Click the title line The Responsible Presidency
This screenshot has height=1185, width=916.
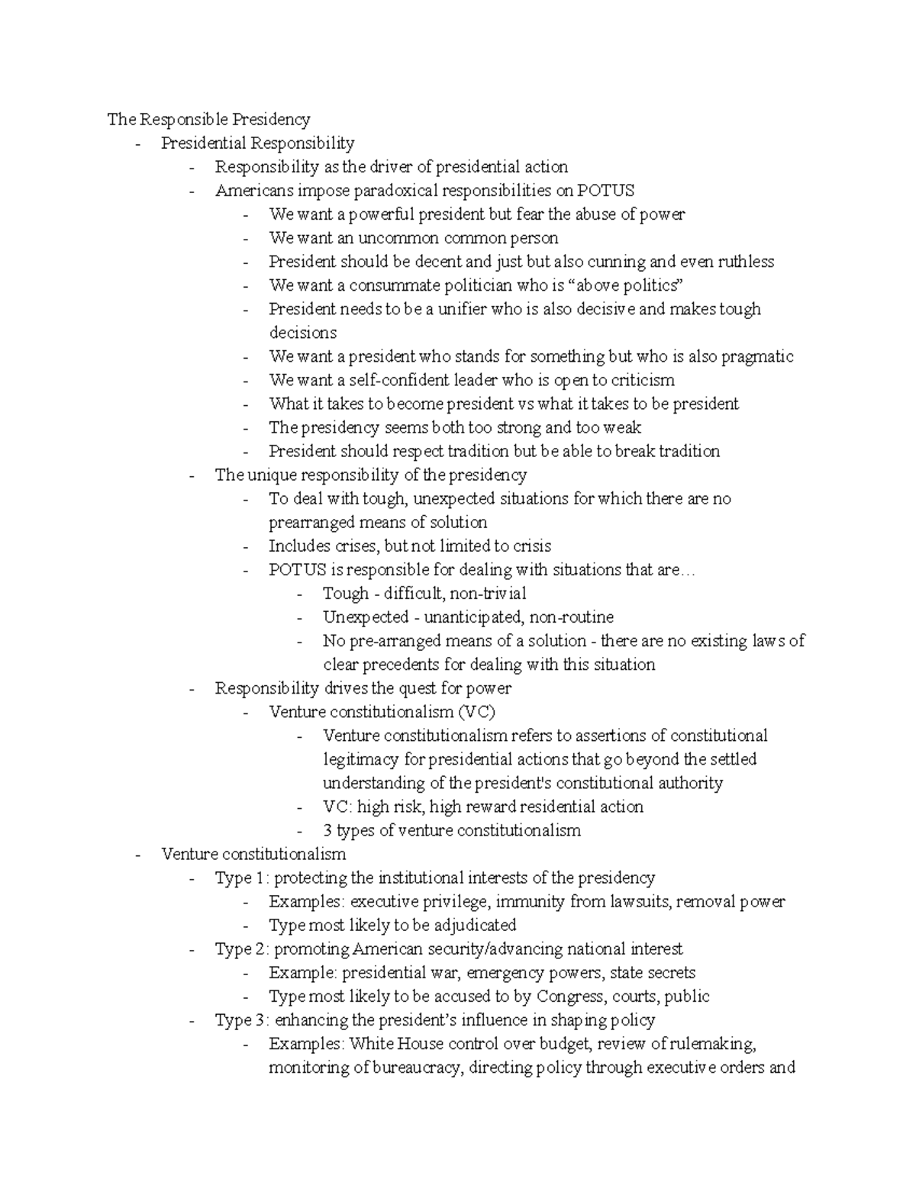[x=208, y=119]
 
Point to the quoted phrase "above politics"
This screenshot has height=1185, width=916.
[x=627, y=285]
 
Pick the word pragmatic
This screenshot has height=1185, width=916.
[x=757, y=356]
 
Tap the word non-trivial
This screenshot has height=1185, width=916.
[x=488, y=594]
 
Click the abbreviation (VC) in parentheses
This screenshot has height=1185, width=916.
[x=476, y=712]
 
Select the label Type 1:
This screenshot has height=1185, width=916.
[x=242, y=878]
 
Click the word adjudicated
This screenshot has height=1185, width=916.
[x=476, y=926]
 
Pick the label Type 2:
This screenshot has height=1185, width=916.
[x=242, y=949]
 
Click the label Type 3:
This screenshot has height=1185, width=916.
[x=242, y=1020]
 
